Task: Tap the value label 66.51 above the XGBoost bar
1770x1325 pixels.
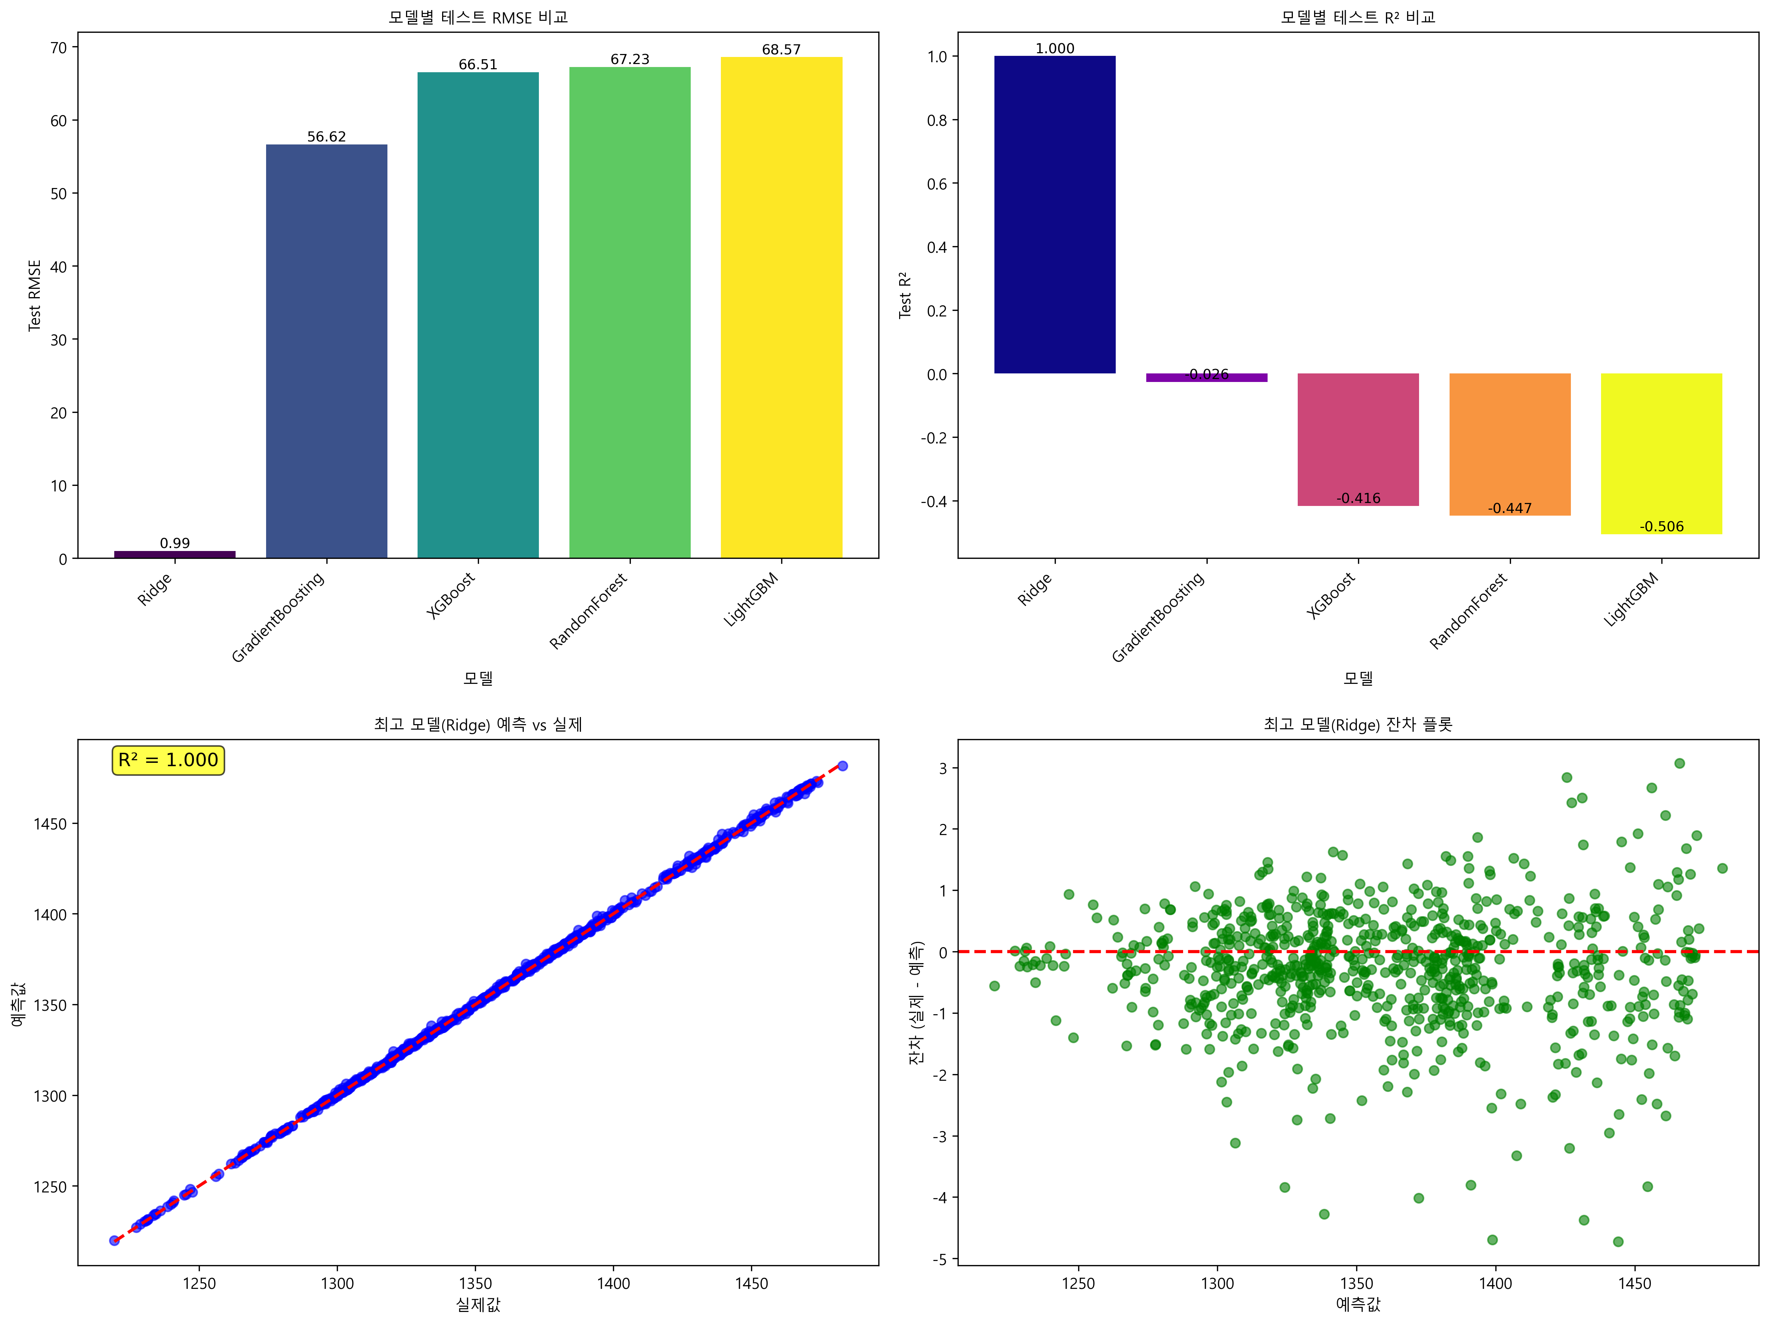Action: pos(478,64)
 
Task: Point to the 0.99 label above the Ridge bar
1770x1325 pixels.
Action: pos(175,543)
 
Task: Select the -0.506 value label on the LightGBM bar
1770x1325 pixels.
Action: pos(1661,526)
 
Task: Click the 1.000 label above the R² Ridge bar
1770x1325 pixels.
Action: pos(1055,48)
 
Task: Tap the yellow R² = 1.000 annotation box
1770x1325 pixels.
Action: pos(168,760)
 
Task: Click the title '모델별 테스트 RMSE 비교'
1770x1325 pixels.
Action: pos(478,17)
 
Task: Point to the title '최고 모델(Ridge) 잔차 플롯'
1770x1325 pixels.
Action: pos(1358,724)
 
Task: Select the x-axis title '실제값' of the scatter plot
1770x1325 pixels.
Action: pos(478,1304)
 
